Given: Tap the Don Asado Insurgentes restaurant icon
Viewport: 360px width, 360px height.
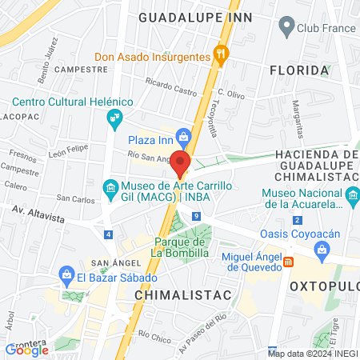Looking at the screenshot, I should pos(222,54).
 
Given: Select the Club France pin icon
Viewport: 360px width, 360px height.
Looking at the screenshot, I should pos(286,28).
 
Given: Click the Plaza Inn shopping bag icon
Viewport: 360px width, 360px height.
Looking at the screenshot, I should pos(184,137).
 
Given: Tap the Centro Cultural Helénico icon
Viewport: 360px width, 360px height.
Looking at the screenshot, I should pos(114,119).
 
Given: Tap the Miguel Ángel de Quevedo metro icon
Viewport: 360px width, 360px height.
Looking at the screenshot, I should pos(290,261).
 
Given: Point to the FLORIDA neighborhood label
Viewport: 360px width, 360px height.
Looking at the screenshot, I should pos(300,70).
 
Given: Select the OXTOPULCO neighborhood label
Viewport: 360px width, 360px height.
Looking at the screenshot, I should pos(324,286).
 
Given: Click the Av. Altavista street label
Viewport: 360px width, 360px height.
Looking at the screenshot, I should pos(40,210).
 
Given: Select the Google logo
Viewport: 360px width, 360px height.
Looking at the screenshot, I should pos(27,349).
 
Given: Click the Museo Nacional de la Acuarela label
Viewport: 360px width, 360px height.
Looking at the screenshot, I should pos(301,198).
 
